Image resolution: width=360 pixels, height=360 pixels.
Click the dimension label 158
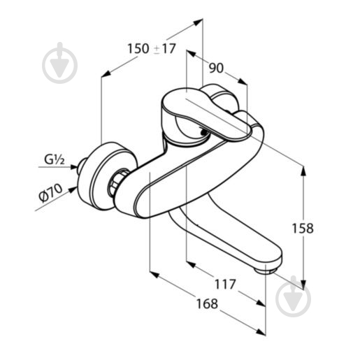[x=303, y=228]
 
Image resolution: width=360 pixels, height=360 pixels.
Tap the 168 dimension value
[x=207, y=303]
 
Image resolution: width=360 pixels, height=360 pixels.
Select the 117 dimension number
[x=225, y=284]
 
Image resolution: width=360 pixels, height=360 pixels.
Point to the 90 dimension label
[x=216, y=68]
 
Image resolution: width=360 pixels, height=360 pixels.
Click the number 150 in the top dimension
[x=138, y=49]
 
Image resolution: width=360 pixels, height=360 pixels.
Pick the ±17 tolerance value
[x=164, y=49]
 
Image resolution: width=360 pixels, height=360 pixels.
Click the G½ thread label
[x=55, y=160]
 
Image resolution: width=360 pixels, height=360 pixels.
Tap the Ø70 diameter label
[x=50, y=192]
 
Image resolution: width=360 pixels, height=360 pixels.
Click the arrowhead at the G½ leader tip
[x=74, y=167]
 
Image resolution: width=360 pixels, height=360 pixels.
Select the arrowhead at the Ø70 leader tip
[x=73, y=189]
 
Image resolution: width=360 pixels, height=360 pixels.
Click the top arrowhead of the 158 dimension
[x=303, y=171]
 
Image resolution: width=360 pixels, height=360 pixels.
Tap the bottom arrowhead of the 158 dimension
[x=303, y=285]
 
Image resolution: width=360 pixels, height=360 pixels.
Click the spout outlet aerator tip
[x=266, y=271]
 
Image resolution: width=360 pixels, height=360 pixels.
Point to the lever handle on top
[x=205, y=114]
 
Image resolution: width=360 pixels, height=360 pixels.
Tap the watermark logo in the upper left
[x=60, y=63]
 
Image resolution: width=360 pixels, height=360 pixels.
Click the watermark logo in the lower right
[x=293, y=296]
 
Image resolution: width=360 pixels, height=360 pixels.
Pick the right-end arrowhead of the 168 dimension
[x=261, y=332]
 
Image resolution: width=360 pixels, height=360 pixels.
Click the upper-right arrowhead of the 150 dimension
[x=198, y=22]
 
